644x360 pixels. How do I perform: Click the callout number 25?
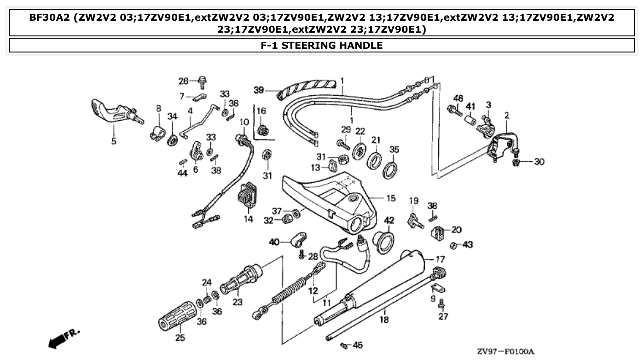(x=180, y=338)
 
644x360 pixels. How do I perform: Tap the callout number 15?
(x=391, y=198)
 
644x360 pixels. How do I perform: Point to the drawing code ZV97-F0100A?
(x=505, y=352)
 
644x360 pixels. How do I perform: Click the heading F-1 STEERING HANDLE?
(x=321, y=45)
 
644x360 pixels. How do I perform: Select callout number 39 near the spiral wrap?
(x=259, y=89)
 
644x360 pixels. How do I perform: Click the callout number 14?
(x=248, y=219)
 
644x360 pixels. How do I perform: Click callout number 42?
(x=389, y=221)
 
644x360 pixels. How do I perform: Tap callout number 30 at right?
(x=539, y=162)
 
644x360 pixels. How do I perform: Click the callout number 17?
(x=440, y=259)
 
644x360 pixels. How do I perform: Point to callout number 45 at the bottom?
(x=358, y=345)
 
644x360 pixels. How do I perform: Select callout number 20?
(x=456, y=229)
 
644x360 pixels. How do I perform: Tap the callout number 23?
(x=238, y=302)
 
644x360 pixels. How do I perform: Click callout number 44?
(x=183, y=174)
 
